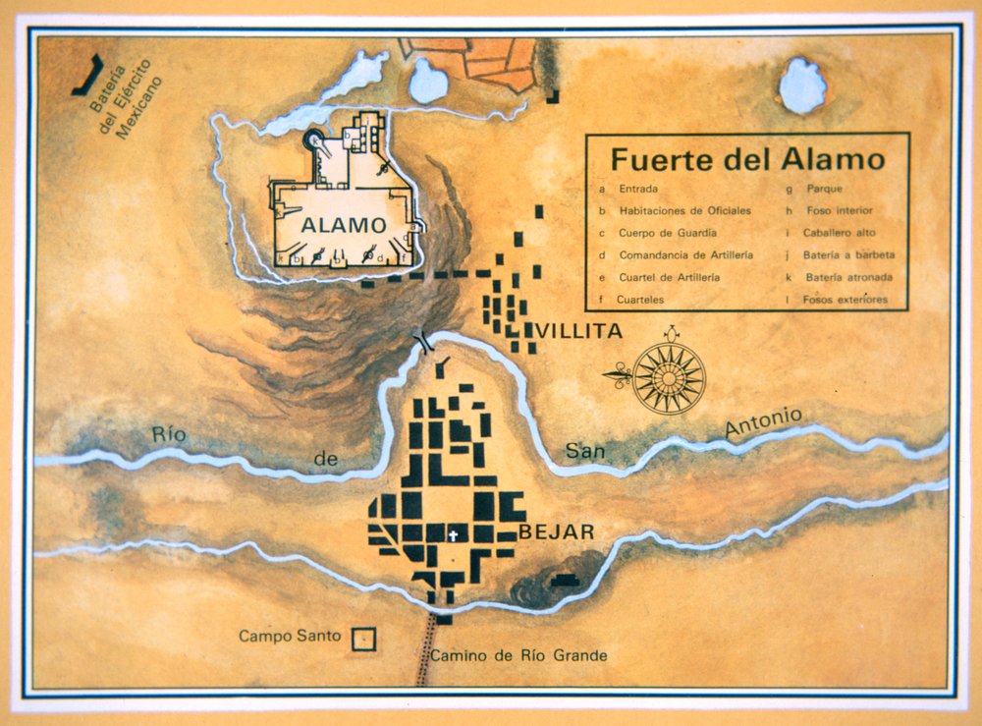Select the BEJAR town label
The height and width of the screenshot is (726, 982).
pyautogui.click(x=556, y=532)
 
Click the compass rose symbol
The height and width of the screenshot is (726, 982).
pyautogui.click(x=668, y=375)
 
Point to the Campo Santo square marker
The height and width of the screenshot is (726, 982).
pyautogui.click(x=364, y=639)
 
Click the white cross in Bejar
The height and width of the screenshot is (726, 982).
pyautogui.click(x=454, y=535)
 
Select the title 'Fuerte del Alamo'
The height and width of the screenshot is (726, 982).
pyautogui.click(x=747, y=159)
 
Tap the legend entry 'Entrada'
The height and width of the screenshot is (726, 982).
pyautogui.click(x=638, y=188)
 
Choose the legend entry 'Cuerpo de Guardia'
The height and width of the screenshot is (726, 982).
pyautogui.click(x=668, y=233)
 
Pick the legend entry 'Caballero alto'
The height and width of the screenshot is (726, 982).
pyautogui.click(x=838, y=233)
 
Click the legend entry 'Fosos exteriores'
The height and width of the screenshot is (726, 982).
pyautogui.click(x=845, y=300)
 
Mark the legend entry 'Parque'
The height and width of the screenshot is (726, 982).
pyautogui.click(x=824, y=188)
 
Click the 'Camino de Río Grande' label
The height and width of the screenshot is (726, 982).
pyautogui.click(x=518, y=655)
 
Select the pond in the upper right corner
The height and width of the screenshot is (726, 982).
pyautogui.click(x=802, y=87)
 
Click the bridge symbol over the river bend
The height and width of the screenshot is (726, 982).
pyautogui.click(x=426, y=342)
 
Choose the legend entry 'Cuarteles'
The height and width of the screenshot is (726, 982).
pyautogui.click(x=642, y=300)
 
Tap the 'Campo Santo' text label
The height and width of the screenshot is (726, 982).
pyautogui.click(x=290, y=636)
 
